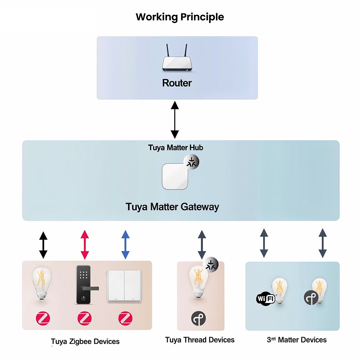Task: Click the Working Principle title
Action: point(180,17)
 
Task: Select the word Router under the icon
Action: point(177,83)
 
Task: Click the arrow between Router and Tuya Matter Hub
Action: point(175,120)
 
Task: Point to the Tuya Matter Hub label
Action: point(176,147)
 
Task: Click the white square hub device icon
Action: point(175,177)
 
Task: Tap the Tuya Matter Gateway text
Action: point(172,207)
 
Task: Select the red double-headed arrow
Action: point(85,244)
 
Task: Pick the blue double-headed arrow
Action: point(125,244)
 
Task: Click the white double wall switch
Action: point(124,286)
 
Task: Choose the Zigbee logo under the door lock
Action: point(85,319)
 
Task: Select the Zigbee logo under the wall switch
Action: point(125,319)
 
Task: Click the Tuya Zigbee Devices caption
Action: point(85,342)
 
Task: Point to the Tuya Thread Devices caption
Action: point(200,340)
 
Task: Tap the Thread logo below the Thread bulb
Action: point(199,319)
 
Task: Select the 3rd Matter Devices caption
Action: point(297,340)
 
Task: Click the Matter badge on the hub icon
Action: point(191,163)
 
